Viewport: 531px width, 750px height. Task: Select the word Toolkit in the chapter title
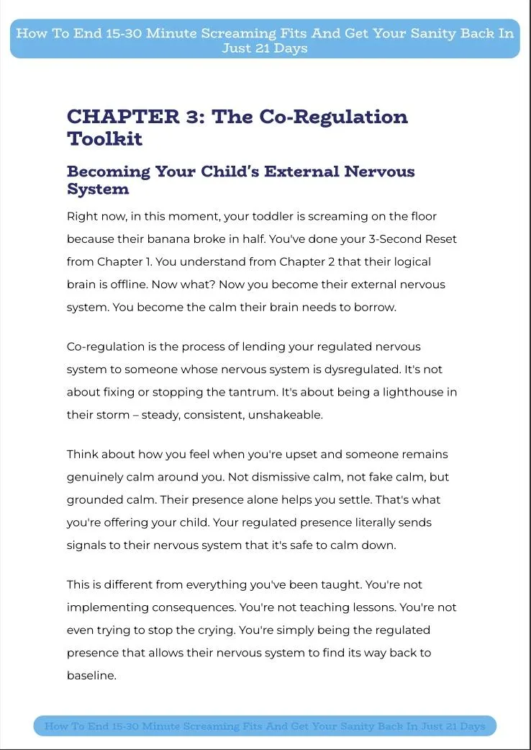pyautogui.click(x=104, y=138)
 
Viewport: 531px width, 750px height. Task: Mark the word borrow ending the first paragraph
pyautogui.click(x=375, y=308)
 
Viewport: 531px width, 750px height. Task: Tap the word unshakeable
pyautogui.click(x=286, y=416)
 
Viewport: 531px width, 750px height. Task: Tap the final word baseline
pyautogui.click(x=91, y=676)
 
